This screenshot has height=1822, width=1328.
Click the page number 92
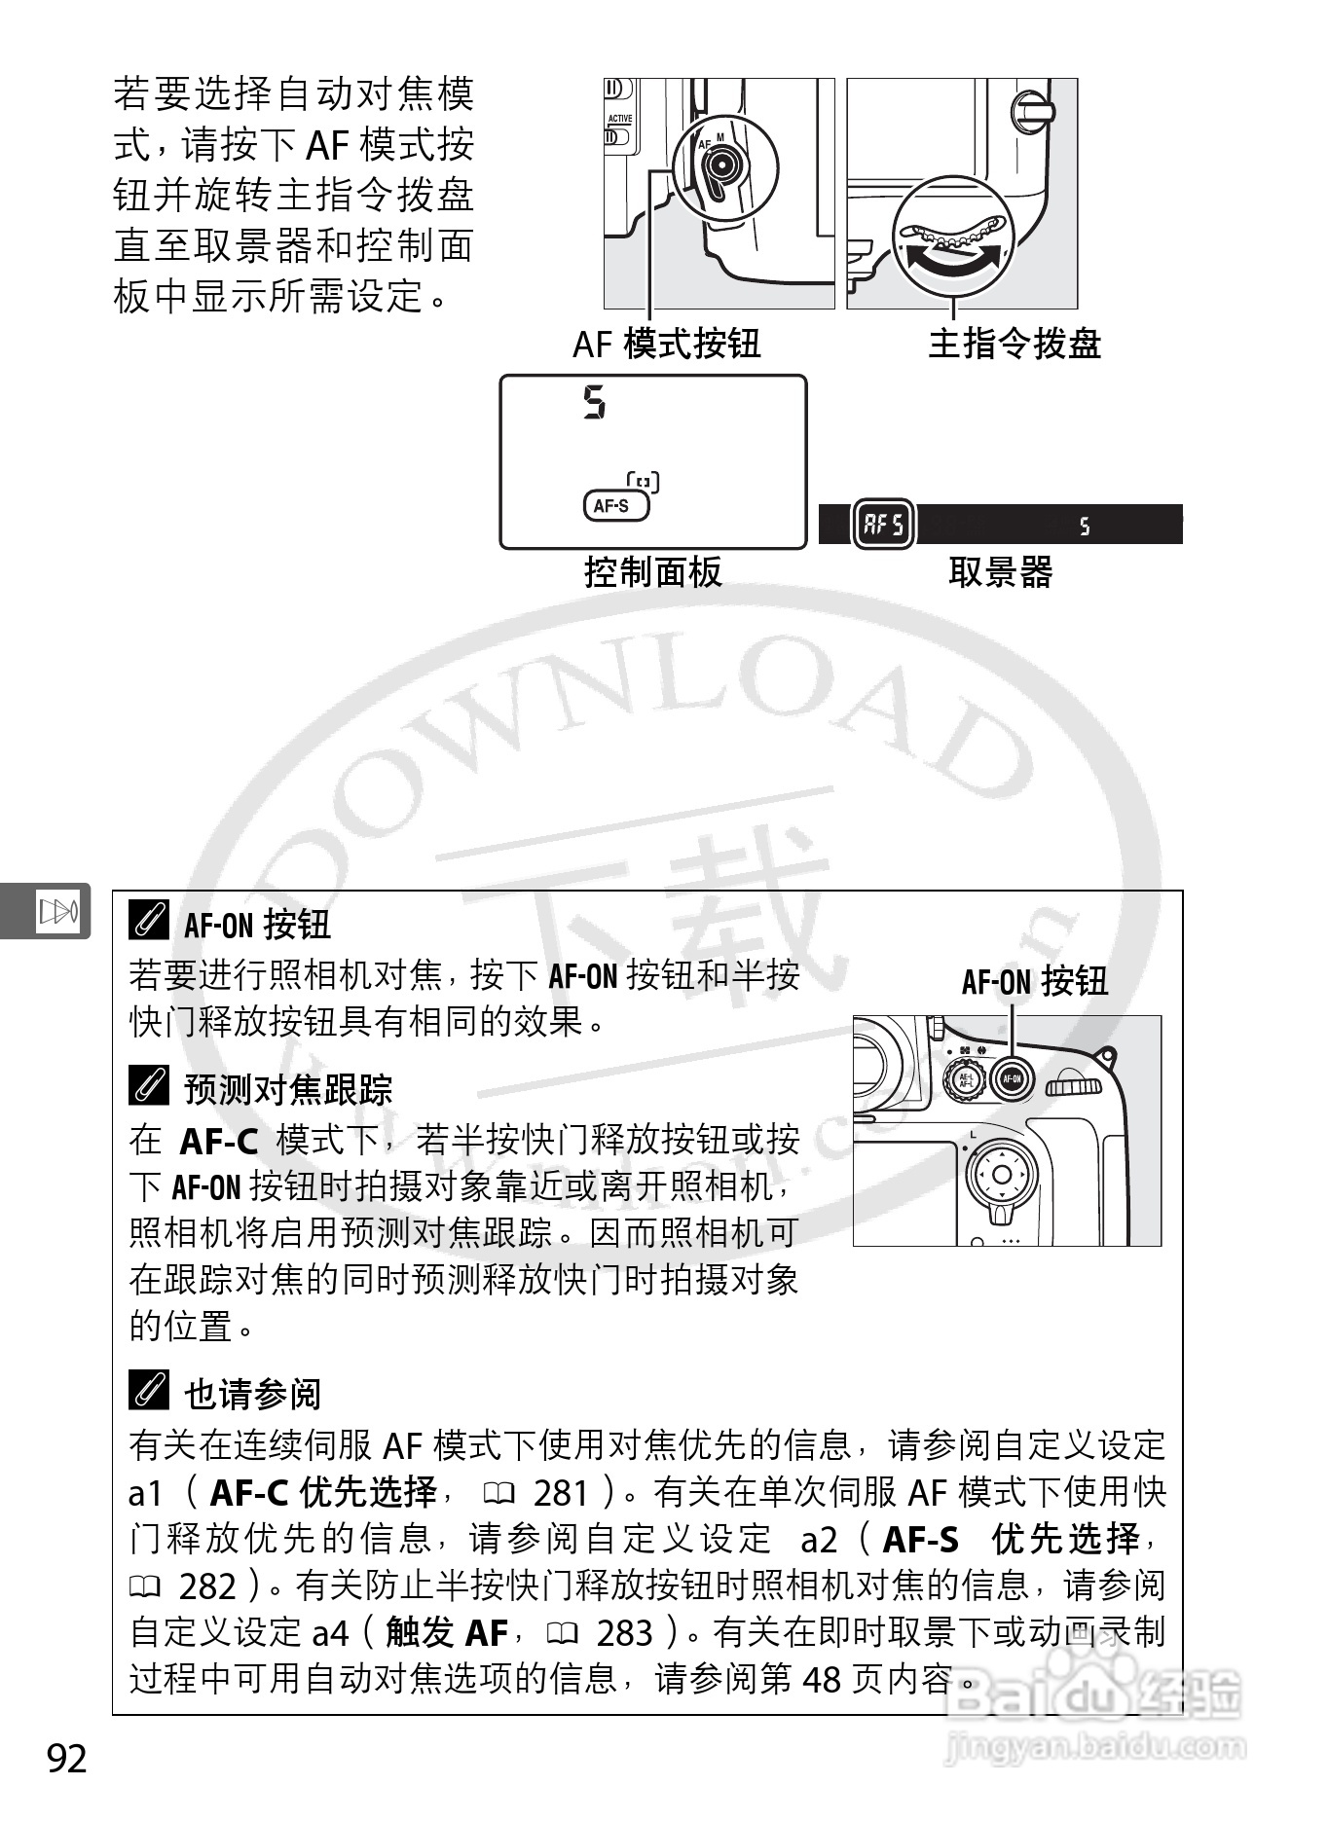click(67, 1758)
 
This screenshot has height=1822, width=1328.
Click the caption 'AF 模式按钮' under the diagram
click(666, 344)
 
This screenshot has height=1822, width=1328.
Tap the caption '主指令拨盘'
click(1014, 344)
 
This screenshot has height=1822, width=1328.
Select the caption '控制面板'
click(652, 571)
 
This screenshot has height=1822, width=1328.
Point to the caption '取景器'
click(1000, 571)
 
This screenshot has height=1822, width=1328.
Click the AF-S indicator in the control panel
click(614, 505)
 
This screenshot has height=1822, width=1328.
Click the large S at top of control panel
click(594, 402)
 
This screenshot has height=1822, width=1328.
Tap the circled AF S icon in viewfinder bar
click(883, 525)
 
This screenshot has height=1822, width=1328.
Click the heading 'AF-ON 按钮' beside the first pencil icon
click(257, 924)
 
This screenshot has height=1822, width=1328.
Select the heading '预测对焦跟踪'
click(287, 1089)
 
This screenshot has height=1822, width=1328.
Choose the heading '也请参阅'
click(252, 1394)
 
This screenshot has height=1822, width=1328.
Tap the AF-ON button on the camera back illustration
click(1012, 1078)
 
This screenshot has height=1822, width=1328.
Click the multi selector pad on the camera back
click(1001, 1174)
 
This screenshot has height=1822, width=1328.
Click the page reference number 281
click(562, 1493)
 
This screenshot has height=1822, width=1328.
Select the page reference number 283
click(624, 1633)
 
